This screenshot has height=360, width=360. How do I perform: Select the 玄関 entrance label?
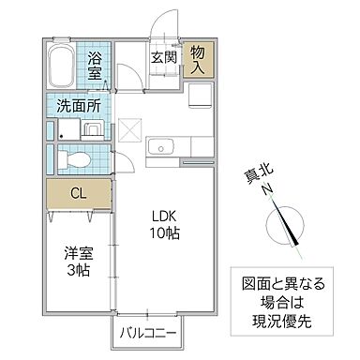164,56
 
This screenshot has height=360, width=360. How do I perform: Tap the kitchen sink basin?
160,145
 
